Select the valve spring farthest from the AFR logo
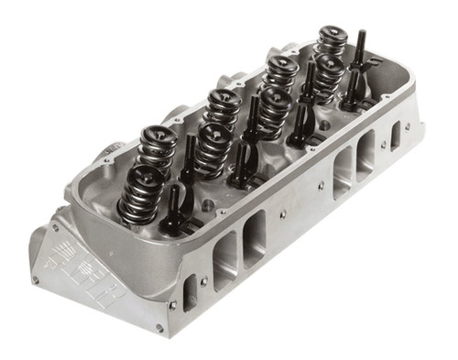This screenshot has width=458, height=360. [x=331, y=40]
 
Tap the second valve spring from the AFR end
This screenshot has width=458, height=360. [x=157, y=147]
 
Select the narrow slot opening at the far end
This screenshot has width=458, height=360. [x=395, y=136]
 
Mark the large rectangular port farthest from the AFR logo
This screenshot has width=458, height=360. [x=366, y=151]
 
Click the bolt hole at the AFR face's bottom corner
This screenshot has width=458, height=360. [x=158, y=328]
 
